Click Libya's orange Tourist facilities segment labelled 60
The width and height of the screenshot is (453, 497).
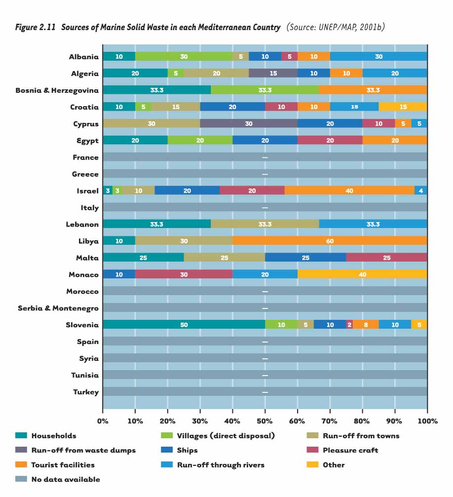[x=330, y=241]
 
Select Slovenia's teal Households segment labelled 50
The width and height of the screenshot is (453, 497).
[x=184, y=325]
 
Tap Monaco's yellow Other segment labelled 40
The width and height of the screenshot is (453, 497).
[x=362, y=274]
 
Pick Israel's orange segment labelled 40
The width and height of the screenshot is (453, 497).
[x=349, y=191]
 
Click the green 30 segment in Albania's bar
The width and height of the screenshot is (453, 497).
[x=184, y=57]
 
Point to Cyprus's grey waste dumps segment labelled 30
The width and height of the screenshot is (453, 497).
[x=249, y=124]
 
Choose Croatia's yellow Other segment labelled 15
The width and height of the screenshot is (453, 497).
[x=403, y=107]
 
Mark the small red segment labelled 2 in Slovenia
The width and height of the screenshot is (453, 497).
[x=349, y=325]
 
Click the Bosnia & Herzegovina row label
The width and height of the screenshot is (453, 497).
[x=57, y=90]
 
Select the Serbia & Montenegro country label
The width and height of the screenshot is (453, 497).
[x=58, y=308]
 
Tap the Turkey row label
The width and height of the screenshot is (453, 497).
[x=87, y=392]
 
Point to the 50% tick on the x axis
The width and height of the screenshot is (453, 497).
[x=265, y=421]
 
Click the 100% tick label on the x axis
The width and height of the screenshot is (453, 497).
[x=427, y=421]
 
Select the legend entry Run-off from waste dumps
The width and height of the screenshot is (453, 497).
[x=83, y=450]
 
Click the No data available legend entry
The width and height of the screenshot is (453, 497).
[x=65, y=479]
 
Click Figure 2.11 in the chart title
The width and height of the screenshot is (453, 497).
[x=37, y=28]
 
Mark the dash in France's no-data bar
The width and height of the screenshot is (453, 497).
[x=265, y=157]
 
